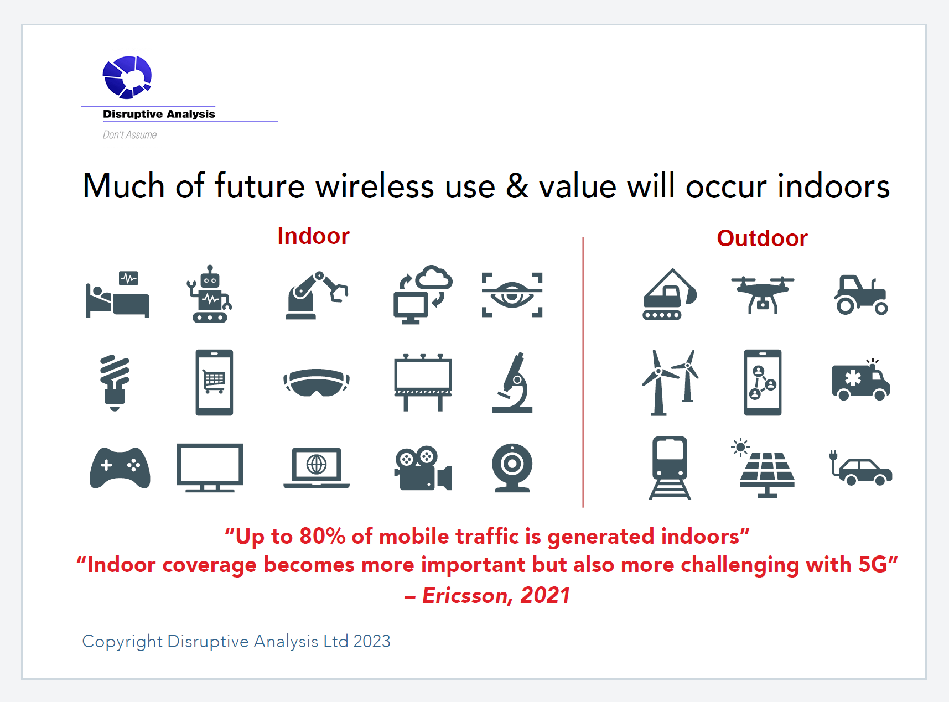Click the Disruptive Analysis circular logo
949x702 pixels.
(x=127, y=77)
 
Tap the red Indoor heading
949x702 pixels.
(x=313, y=236)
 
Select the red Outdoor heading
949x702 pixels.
(x=762, y=238)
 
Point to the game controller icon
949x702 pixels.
(x=120, y=467)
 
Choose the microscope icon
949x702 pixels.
(x=513, y=382)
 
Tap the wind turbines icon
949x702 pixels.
(x=670, y=382)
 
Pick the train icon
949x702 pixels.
(x=670, y=467)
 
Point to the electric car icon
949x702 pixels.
(x=860, y=468)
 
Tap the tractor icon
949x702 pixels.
(x=861, y=295)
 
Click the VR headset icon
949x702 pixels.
(x=317, y=382)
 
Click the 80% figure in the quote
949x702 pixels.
(x=323, y=537)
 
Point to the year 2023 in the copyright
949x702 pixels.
(x=372, y=641)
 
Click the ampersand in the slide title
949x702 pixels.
(x=517, y=186)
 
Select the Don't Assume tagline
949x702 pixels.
(x=129, y=135)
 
